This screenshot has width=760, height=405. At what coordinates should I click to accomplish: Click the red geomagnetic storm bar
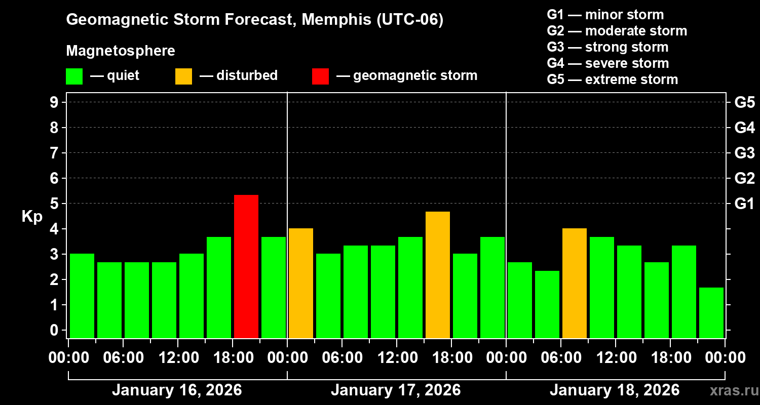click(246, 266)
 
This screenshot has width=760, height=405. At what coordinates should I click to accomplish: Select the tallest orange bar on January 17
click(438, 275)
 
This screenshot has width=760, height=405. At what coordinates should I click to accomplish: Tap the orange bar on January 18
click(575, 283)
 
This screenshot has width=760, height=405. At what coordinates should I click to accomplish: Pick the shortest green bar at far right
click(711, 313)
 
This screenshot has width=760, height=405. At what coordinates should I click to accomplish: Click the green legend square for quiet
click(74, 76)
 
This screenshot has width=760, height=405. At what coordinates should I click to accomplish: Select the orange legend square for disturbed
click(183, 76)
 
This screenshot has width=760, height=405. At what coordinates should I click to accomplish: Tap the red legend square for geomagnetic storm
click(320, 76)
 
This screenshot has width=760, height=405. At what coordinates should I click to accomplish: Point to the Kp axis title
click(32, 217)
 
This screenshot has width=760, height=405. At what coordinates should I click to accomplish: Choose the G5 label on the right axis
click(744, 102)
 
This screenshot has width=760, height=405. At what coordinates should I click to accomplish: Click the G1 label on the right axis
click(744, 204)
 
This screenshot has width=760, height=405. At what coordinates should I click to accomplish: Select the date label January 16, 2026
click(177, 390)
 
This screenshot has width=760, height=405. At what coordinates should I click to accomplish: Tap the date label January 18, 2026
click(615, 390)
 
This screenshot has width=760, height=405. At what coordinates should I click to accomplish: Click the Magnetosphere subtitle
click(121, 51)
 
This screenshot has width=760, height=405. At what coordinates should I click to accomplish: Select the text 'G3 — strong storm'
click(607, 47)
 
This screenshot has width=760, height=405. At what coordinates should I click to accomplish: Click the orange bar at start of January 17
click(301, 283)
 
